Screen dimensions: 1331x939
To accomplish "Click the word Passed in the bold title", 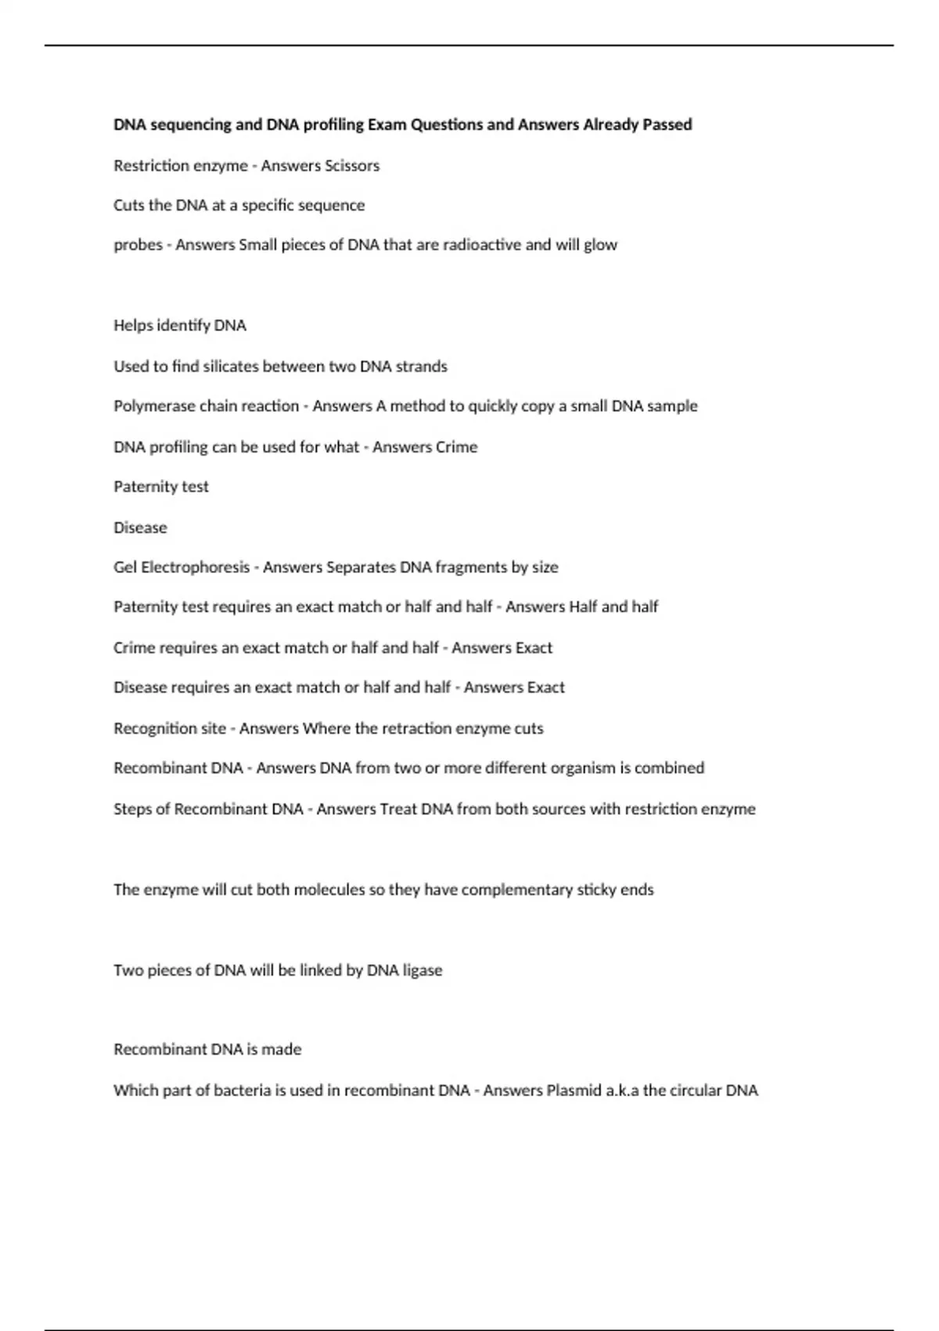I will tap(667, 124).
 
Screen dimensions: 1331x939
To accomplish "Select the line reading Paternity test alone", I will tap(161, 487).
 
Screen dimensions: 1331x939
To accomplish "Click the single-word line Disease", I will tap(140, 528).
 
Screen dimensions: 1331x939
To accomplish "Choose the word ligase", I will tap(423, 971).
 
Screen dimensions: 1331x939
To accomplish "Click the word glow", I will tap(600, 245).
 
